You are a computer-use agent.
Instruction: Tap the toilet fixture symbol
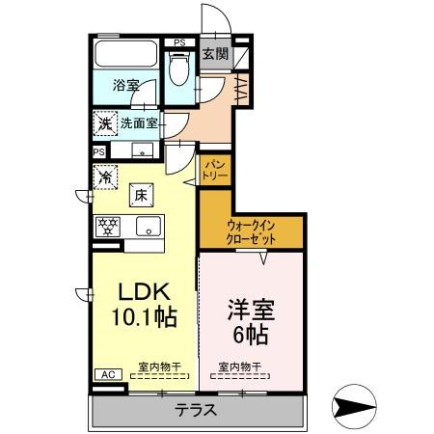[x=178, y=68]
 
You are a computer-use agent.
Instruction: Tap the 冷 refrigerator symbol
[x=104, y=176]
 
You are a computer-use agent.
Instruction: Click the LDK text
[x=144, y=291]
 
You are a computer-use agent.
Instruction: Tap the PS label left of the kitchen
[x=99, y=151]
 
